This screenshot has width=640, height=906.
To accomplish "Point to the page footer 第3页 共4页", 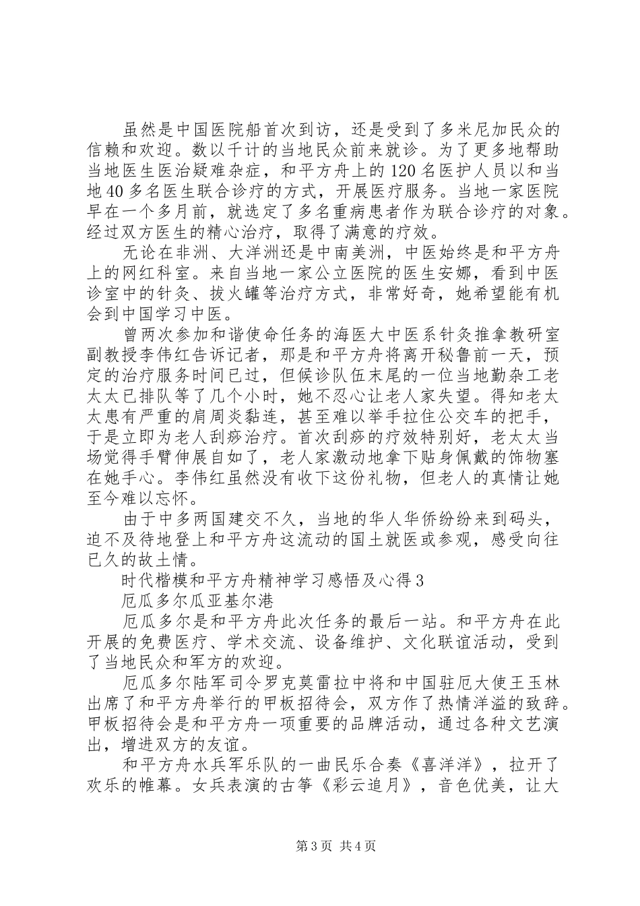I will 319,864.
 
